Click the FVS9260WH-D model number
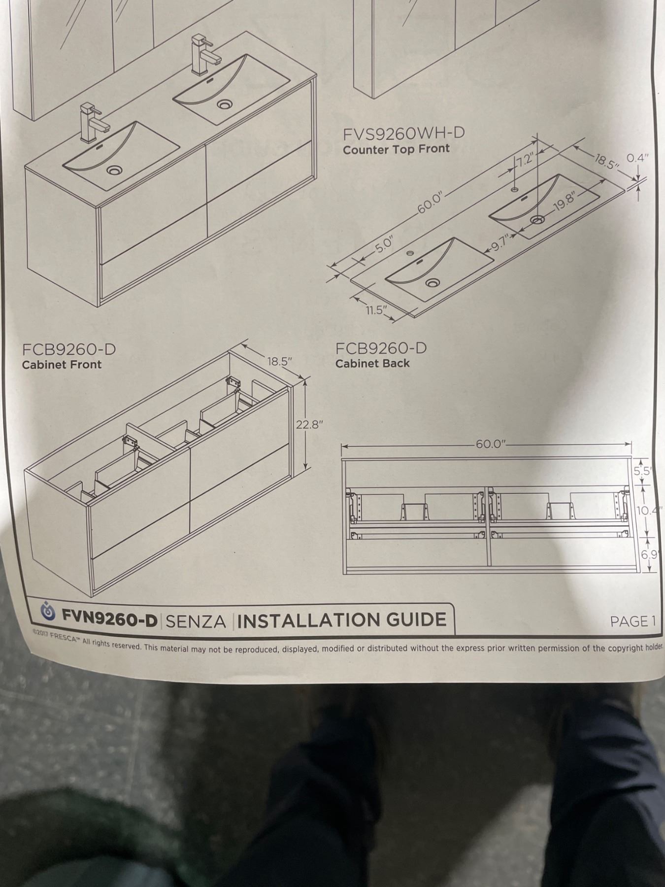pyautogui.click(x=404, y=134)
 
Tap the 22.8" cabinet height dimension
pyautogui.click(x=309, y=425)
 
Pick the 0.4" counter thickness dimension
pyautogui.click(x=637, y=158)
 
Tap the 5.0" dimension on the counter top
pyautogui.click(x=384, y=245)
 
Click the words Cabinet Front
pyautogui.click(x=62, y=365)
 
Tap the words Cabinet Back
pyautogui.click(x=372, y=363)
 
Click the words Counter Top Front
pyautogui.click(x=396, y=149)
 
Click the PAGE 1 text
pyautogui.click(x=633, y=621)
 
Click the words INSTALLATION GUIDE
pyautogui.click(x=342, y=620)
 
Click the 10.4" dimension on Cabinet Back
pyautogui.click(x=648, y=510)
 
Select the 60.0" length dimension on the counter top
pyautogui.click(x=432, y=203)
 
